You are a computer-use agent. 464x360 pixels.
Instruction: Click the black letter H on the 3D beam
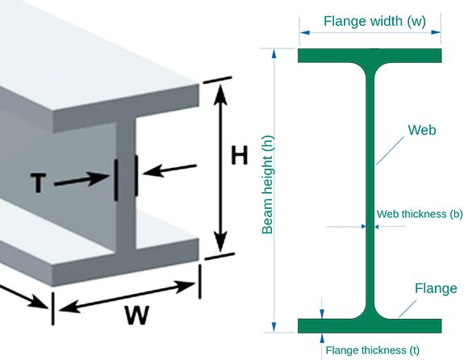pos(240,155)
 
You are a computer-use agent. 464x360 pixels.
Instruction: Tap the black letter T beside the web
pos(38,183)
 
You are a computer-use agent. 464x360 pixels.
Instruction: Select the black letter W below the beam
pos(136,315)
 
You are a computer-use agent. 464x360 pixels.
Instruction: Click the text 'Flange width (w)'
pos(374,21)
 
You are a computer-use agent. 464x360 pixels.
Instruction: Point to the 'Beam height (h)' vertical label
pos(268,185)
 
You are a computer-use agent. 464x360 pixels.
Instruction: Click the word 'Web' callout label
pos(422,130)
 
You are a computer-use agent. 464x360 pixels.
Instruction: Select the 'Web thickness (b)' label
pos(420,214)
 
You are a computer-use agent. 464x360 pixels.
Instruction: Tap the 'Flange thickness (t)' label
pos(373,350)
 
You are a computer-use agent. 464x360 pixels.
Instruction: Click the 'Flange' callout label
pos(436,288)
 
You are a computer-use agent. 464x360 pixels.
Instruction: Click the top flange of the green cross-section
pos(370,56)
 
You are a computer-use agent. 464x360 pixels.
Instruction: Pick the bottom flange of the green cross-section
pos(370,326)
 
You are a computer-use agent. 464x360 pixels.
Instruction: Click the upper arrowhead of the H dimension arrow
pos(220,94)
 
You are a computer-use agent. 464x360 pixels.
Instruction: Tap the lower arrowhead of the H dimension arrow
pos(220,243)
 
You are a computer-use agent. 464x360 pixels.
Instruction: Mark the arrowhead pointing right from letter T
pos(99,178)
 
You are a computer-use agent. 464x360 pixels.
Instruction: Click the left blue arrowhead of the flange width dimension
pos(305,32)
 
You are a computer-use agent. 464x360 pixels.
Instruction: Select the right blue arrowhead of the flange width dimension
pos(436,32)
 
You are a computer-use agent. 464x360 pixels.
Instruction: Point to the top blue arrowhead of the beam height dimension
pos(274,54)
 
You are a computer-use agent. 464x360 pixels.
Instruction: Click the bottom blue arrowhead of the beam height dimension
pos(274,327)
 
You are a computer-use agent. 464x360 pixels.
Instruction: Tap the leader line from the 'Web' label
pos(390,151)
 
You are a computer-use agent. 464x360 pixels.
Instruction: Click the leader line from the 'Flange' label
pos(408,308)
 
